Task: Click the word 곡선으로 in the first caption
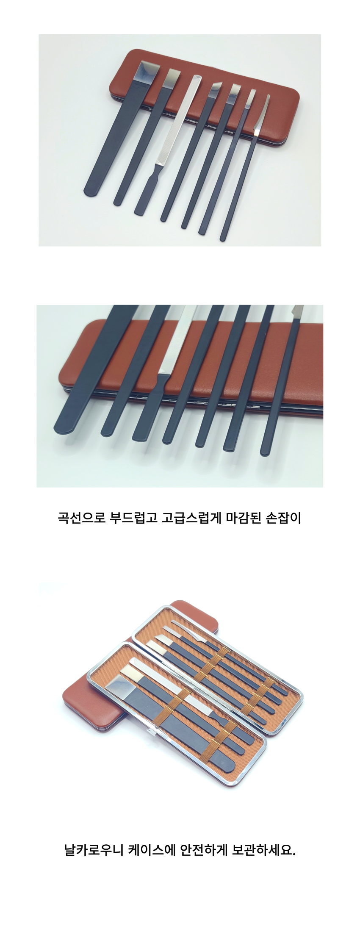(x=81, y=518)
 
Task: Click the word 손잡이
(x=283, y=518)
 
